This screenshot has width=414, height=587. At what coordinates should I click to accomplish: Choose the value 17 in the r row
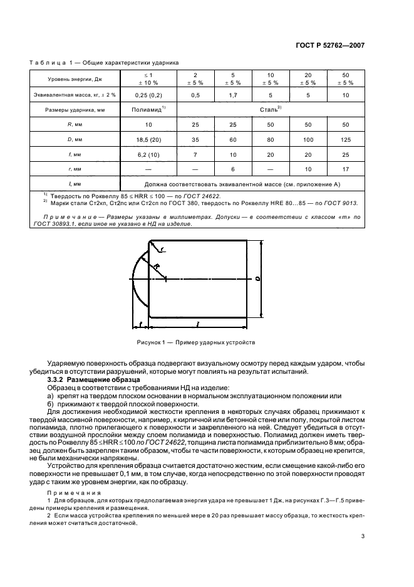345,169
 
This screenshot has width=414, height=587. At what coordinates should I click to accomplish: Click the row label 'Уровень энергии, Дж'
73,79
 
